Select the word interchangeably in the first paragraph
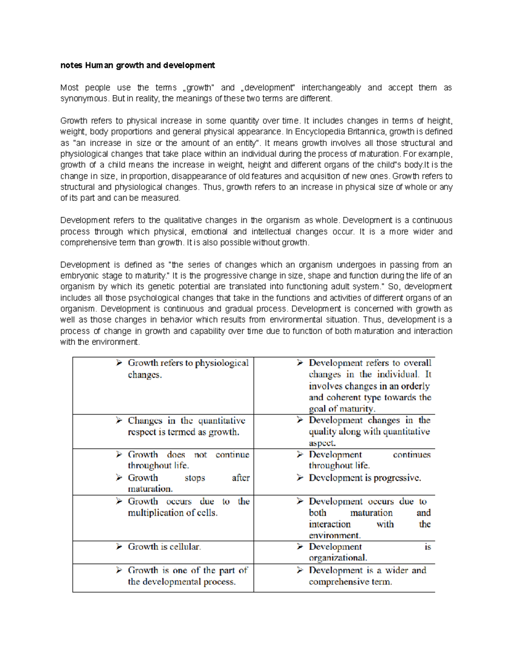pyautogui.click(x=331, y=88)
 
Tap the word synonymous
pyautogui.click(x=84, y=99)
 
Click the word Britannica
pyautogui.click(x=363, y=132)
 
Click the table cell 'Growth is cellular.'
pyautogui.click(x=164, y=547)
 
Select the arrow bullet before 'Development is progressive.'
pyautogui.click(x=300, y=478)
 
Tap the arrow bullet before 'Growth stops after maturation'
pyautogui.click(x=119, y=478)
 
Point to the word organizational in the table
pyautogui.click(x=337, y=558)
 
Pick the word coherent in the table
pyautogui.click(x=343, y=397)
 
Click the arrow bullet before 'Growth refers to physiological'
pyautogui.click(x=119, y=363)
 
